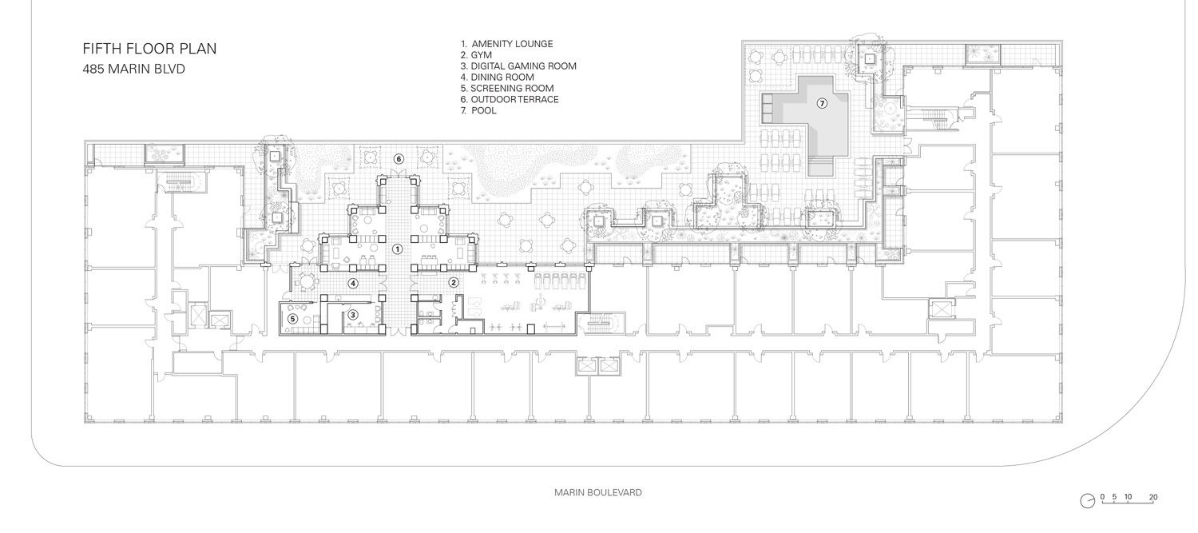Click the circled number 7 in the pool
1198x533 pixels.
click(x=822, y=103)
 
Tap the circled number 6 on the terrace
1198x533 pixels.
click(x=399, y=159)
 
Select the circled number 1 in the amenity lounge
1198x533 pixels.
click(x=397, y=249)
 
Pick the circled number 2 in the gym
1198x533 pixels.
click(x=454, y=283)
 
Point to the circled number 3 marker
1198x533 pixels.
click(x=352, y=315)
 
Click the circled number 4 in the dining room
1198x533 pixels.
click(x=352, y=283)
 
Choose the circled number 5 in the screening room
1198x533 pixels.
click(x=292, y=319)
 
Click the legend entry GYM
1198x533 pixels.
click(x=482, y=55)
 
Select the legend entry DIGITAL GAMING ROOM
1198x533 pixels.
click(x=524, y=66)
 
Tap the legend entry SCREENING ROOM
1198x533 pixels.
click(x=513, y=88)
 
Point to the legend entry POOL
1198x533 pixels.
click(x=484, y=111)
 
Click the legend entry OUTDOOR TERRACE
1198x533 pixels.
click(x=515, y=100)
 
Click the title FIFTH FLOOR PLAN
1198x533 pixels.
click(x=150, y=49)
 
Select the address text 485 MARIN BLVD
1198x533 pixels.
click(x=133, y=69)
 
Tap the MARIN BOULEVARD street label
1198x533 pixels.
click(x=598, y=492)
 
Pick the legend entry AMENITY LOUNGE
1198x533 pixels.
click(x=513, y=44)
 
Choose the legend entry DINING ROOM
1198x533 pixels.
click(x=502, y=77)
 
